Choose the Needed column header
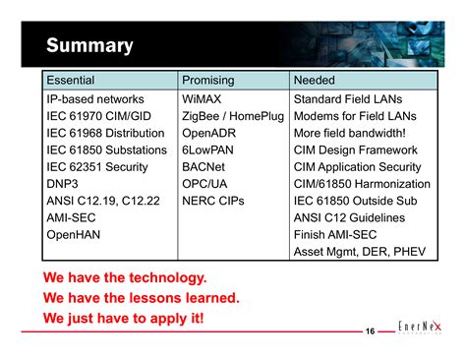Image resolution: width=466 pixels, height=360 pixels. pyautogui.click(x=315, y=80)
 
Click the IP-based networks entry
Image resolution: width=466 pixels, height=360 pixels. pyautogui.click(x=95, y=99)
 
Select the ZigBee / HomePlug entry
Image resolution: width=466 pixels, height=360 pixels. pyautogui.click(x=233, y=116)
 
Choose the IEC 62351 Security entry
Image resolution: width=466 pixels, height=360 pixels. pyautogui.click(x=97, y=167)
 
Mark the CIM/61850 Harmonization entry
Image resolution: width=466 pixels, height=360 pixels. pyautogui.click(x=362, y=184)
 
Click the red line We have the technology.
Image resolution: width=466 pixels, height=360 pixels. pyautogui.click(x=125, y=278)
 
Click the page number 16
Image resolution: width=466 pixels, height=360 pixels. pyautogui.click(x=371, y=332)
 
